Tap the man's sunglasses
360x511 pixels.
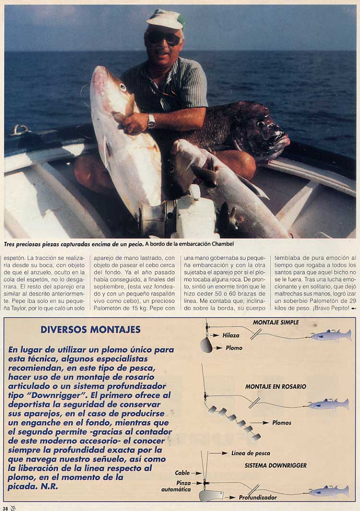point(164,38)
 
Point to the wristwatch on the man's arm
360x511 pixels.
point(152,121)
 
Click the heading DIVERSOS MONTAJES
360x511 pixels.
point(90,329)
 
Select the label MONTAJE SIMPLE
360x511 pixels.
point(276,322)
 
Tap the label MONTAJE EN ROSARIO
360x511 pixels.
point(276,386)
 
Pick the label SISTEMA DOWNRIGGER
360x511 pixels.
point(276,465)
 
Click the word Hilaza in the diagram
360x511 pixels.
point(231,335)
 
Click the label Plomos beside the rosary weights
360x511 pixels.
point(282,423)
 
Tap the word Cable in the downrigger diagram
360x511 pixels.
point(182,473)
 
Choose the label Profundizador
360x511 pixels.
point(258,498)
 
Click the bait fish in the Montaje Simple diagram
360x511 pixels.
point(331,335)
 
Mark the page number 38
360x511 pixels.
point(5,507)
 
